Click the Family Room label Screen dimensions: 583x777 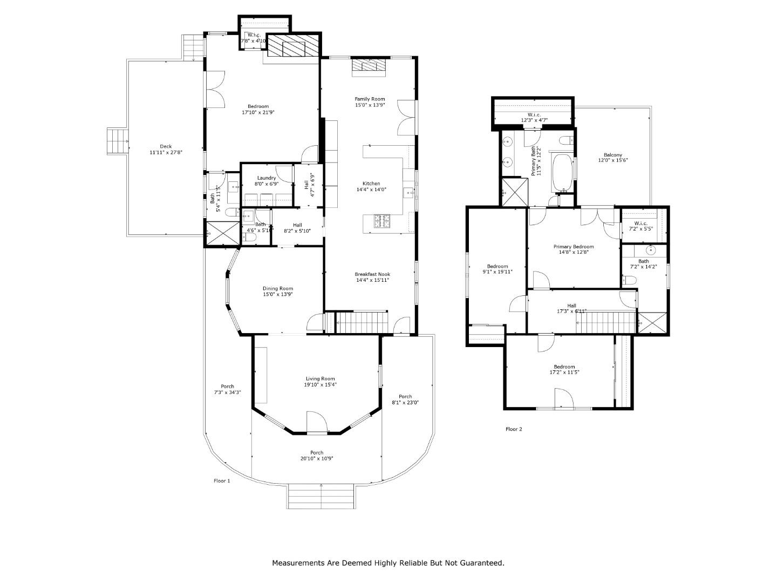pos(370,99)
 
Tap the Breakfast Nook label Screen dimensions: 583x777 pos(372,274)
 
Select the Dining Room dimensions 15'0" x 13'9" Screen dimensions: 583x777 pos(278,295)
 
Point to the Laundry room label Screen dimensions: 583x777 pos(267,178)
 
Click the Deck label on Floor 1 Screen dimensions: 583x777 pos(166,146)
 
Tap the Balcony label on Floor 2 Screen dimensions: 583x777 pos(612,155)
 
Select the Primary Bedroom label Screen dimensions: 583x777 pos(573,247)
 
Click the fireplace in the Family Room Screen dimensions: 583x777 pos(369,65)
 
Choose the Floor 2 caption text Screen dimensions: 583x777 pos(514,430)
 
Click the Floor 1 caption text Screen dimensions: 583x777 pos(222,480)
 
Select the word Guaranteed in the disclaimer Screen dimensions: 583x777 pos(479,563)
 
